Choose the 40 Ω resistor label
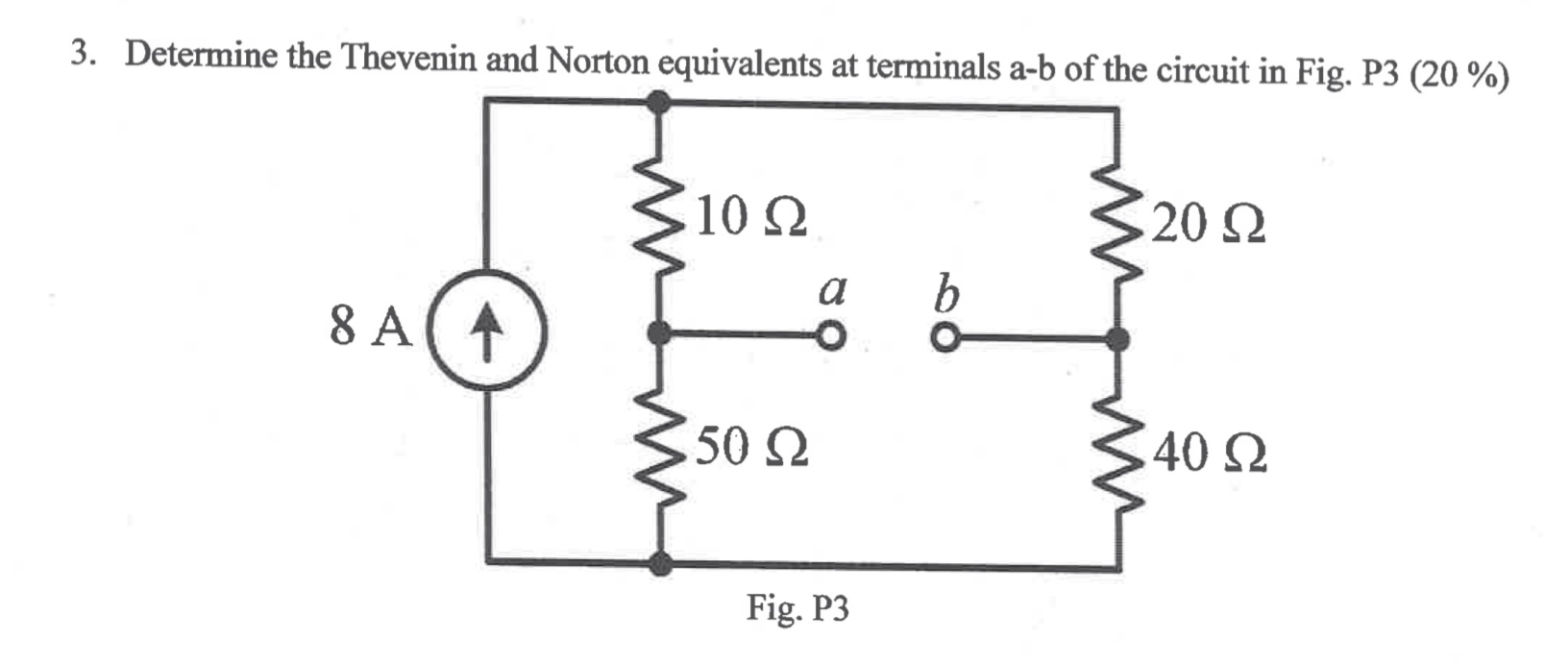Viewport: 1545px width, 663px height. tap(1210, 454)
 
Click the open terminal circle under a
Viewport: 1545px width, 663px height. tap(831, 336)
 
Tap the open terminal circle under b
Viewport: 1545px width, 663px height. tap(945, 339)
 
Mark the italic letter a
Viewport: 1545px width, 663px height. tap(833, 290)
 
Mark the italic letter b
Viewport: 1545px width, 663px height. tap(946, 294)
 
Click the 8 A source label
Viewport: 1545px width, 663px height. tap(370, 327)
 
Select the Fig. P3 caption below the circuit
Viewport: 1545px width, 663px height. tap(797, 608)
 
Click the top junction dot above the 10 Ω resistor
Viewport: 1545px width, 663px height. tap(658, 101)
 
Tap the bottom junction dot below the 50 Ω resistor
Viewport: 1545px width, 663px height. tap(659, 563)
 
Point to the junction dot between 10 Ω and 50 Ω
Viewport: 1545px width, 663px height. tap(658, 333)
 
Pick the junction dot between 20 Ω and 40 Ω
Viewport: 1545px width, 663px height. tap(1116, 339)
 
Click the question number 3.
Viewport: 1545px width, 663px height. tap(84, 55)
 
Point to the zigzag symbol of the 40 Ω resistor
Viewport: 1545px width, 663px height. tap(1116, 452)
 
